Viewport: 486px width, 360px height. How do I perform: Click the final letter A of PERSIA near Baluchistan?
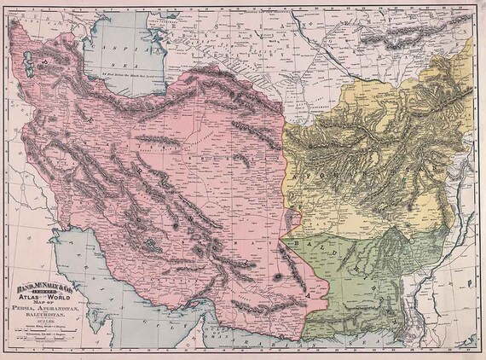[x=309, y=290]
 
